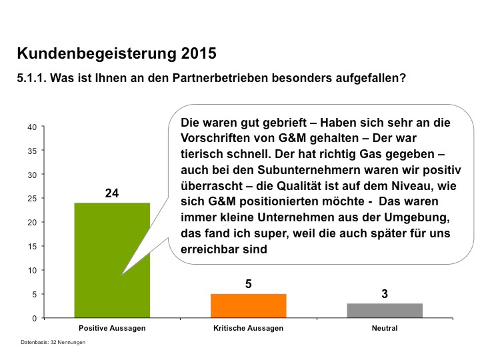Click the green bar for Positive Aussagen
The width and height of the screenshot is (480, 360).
pyautogui.click(x=100, y=267)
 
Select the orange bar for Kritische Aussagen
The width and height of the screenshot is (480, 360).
pyautogui.click(x=248, y=306)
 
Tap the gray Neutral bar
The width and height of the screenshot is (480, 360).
pyautogui.click(x=385, y=311)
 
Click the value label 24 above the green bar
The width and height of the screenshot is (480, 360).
pyautogui.click(x=112, y=193)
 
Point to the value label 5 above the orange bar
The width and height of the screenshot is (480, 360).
pyautogui.click(x=248, y=284)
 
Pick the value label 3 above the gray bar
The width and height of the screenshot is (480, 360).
pyautogui.click(x=385, y=294)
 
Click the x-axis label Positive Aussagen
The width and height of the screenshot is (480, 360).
pyautogui.click(x=112, y=329)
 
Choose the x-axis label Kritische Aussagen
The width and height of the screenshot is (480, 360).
pyautogui.click(x=248, y=329)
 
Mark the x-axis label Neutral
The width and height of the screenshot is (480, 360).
pyautogui.click(x=385, y=329)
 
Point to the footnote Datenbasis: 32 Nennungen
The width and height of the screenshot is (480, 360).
pyautogui.click(x=53, y=342)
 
